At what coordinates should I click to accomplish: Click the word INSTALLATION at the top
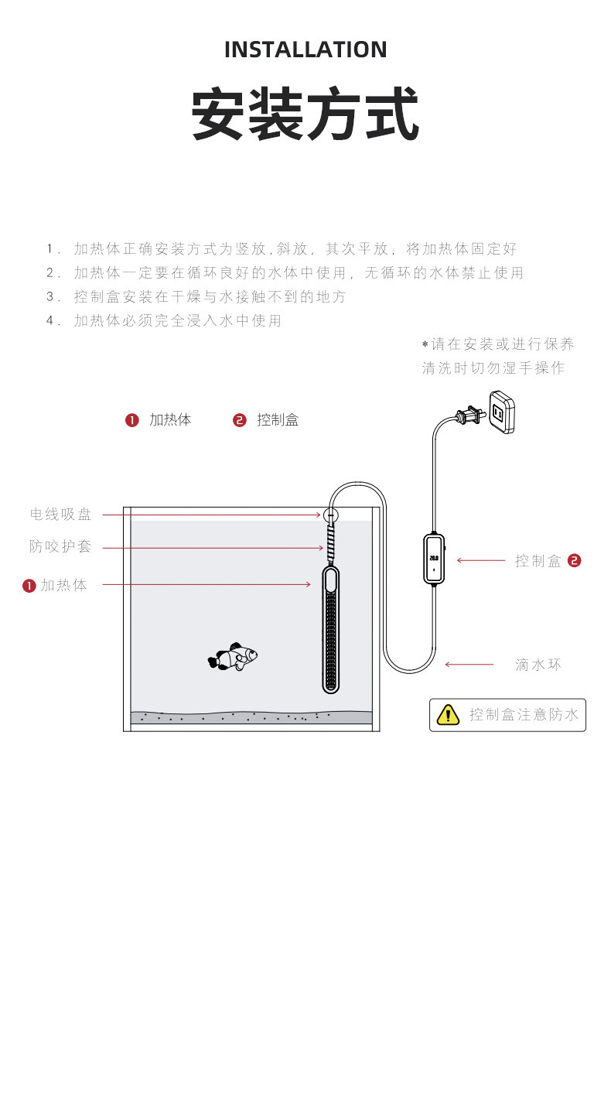pos(305,50)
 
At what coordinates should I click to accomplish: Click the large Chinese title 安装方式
pos(305,115)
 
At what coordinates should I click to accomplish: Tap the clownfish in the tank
pos(233,658)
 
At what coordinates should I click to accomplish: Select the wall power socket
pos(500,412)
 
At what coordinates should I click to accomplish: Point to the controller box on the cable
pos(434,558)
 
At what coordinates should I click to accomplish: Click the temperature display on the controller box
pos(434,557)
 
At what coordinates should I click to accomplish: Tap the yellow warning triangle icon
pos(448,715)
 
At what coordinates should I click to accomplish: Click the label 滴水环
pos(538,665)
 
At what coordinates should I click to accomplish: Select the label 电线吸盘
pos(60,515)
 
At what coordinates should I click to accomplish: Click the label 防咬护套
pos(60,547)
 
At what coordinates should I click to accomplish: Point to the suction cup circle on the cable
pos(331,514)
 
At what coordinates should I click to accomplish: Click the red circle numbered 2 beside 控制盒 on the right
pos(574,561)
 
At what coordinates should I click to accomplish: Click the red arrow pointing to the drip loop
pos(469,664)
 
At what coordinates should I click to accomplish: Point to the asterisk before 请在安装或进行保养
pos(425,344)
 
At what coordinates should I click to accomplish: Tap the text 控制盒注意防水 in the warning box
pos(524,715)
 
